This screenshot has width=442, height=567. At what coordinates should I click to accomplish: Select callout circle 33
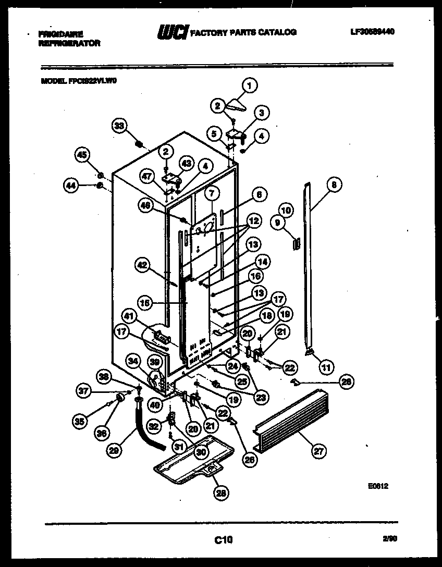119,126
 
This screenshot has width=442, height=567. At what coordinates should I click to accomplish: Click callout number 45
82,154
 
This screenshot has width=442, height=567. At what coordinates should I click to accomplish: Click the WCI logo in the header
173,32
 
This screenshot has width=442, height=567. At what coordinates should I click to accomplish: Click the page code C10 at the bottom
223,540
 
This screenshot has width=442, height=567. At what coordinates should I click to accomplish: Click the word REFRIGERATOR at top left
69,44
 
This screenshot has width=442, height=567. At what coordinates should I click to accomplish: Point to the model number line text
75,81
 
